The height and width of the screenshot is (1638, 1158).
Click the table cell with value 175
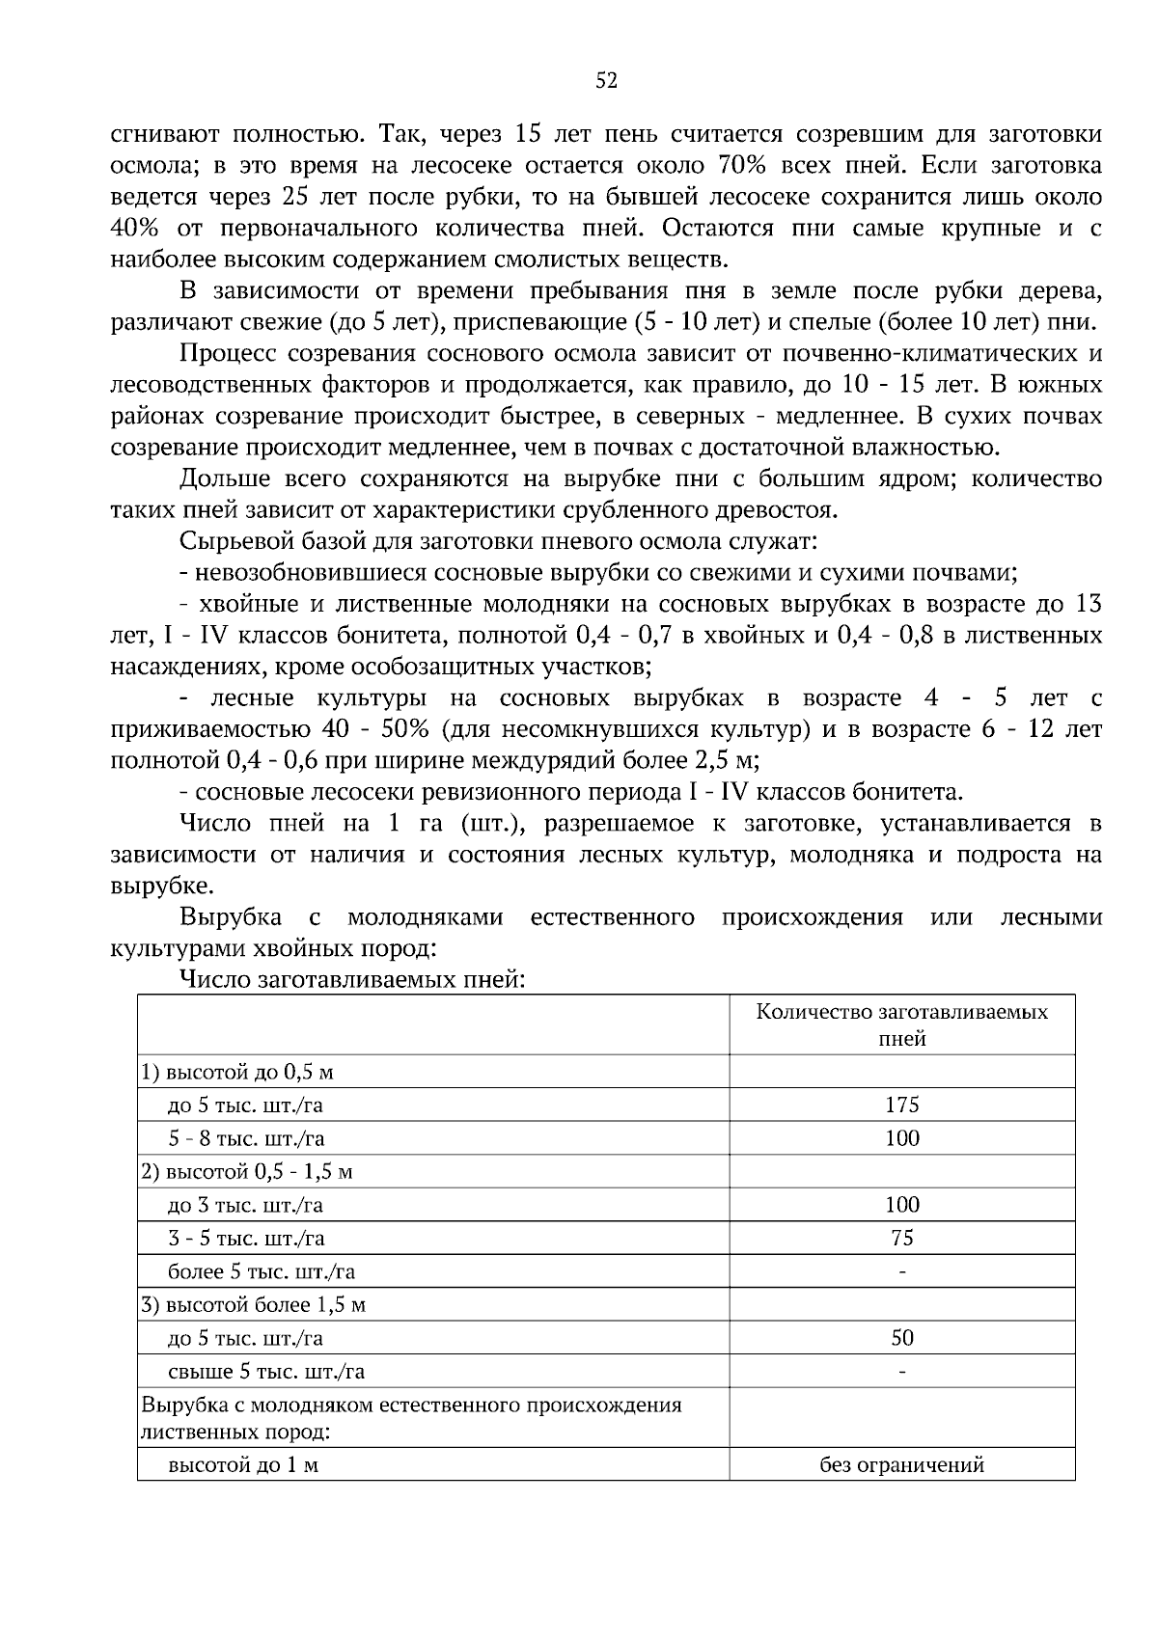pos(902,1105)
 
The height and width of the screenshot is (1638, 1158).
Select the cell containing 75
pos(902,1238)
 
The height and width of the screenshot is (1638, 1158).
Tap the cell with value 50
pos(902,1338)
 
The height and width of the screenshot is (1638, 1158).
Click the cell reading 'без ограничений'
pos(902,1464)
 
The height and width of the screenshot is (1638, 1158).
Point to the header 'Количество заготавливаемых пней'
pos(902,1024)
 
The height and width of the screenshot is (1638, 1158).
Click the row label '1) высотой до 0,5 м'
pos(237,1072)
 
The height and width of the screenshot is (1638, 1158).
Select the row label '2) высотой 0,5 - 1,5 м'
pos(247,1172)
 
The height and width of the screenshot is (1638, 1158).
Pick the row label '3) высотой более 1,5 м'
pos(253,1305)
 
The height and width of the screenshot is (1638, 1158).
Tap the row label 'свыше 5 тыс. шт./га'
pos(266,1372)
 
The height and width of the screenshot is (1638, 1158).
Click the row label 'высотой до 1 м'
pos(243,1464)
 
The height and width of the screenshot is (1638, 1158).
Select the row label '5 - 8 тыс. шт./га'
pos(247,1138)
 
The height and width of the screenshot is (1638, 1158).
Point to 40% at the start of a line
pos(132,229)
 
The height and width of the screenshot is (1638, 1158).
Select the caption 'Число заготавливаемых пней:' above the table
pos(352,980)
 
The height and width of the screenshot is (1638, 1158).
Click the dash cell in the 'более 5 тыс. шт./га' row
pos(902,1271)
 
